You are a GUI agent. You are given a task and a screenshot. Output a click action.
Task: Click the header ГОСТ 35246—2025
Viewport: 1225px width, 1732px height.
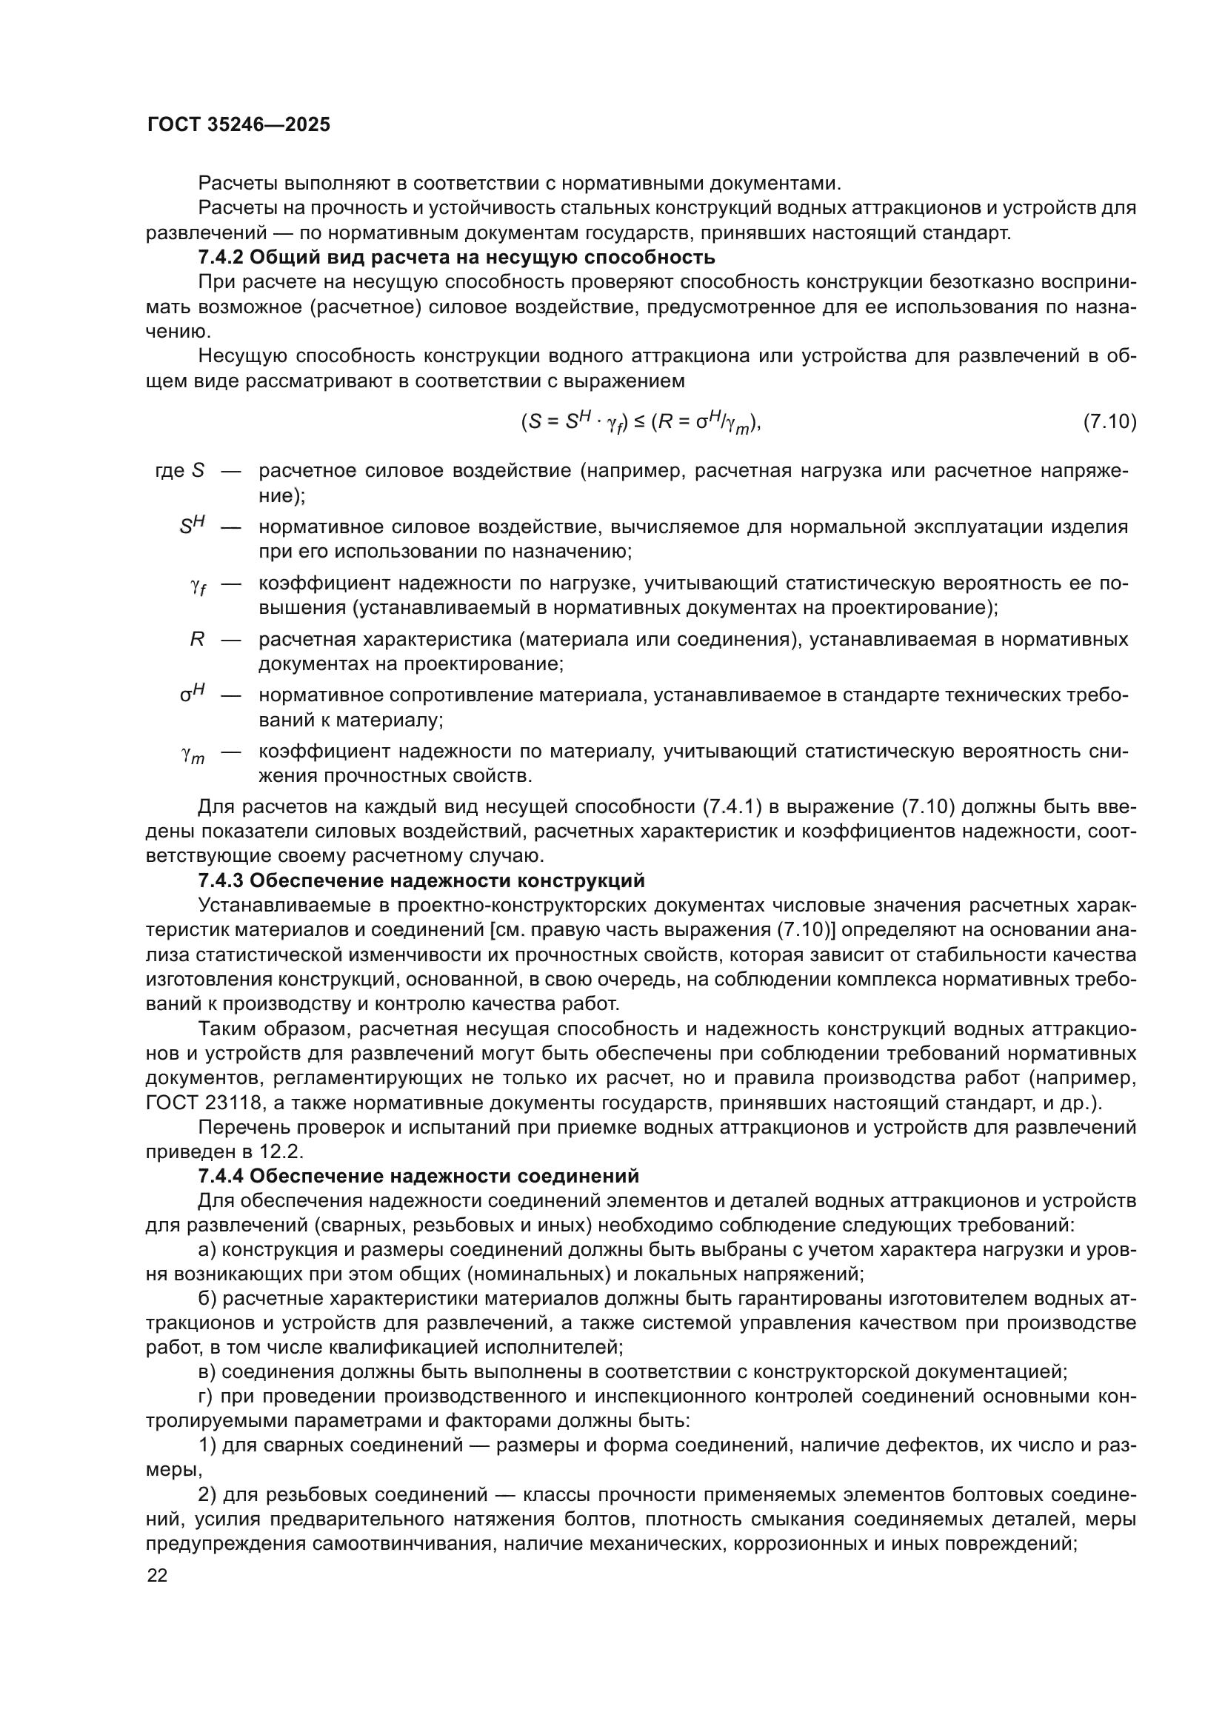tap(238, 125)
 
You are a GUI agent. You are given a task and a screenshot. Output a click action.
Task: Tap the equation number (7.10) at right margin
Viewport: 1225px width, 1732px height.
tap(1109, 421)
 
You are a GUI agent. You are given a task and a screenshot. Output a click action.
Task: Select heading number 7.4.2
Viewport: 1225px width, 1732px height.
tap(219, 257)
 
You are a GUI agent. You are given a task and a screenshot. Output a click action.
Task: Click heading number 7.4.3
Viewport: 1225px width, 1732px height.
tap(219, 880)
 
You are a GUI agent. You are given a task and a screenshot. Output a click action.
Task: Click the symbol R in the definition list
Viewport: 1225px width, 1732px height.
tap(197, 640)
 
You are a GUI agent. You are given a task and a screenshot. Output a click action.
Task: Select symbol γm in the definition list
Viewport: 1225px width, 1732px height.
tap(193, 755)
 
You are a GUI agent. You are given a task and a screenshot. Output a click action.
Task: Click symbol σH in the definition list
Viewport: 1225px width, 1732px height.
tap(193, 695)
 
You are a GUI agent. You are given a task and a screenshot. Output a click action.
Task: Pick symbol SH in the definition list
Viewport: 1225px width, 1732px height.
tap(193, 526)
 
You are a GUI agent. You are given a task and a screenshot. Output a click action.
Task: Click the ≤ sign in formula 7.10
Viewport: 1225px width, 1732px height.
tap(638, 421)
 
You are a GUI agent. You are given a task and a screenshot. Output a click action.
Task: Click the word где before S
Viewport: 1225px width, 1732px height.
tap(169, 471)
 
